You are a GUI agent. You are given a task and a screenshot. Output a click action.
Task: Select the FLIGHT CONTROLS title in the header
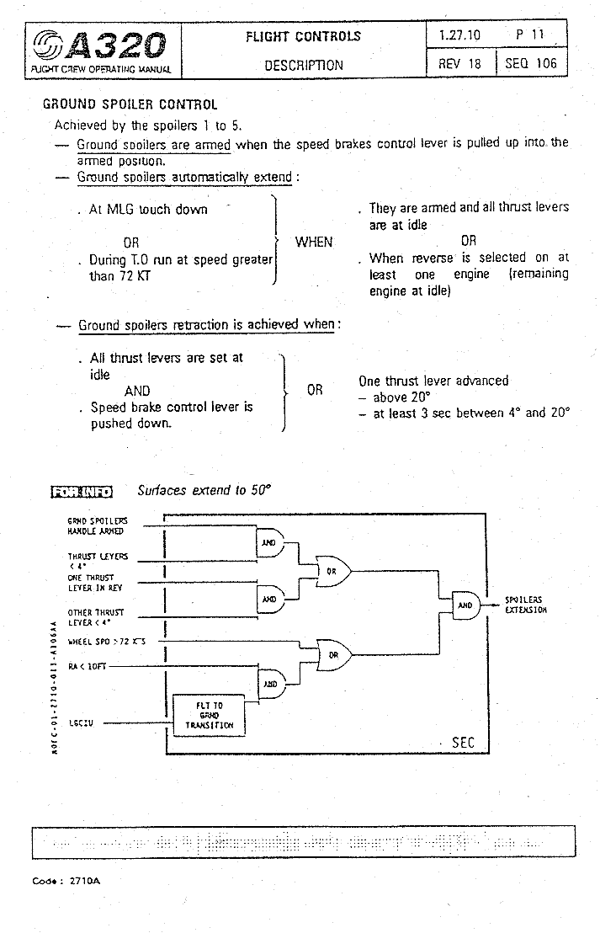tap(303, 36)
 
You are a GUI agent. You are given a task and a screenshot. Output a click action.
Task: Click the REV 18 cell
tap(459, 64)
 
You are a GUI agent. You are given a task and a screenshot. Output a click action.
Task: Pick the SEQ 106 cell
tap(531, 64)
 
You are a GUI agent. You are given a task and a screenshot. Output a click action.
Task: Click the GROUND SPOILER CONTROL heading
tap(130, 105)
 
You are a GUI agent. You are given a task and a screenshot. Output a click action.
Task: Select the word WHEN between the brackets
tap(314, 242)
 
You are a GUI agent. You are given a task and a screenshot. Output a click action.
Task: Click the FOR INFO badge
tap(82, 491)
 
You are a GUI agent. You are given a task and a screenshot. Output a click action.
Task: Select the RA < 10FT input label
tap(88, 666)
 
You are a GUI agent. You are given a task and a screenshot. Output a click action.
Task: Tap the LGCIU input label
tap(80, 721)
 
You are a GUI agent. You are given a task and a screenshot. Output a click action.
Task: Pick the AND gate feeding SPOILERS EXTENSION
tap(465, 605)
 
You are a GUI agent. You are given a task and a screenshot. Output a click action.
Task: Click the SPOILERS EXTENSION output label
tap(525, 605)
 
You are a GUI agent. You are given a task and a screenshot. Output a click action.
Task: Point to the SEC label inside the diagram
tap(464, 742)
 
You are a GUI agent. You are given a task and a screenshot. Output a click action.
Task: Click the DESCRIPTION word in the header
tap(304, 65)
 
